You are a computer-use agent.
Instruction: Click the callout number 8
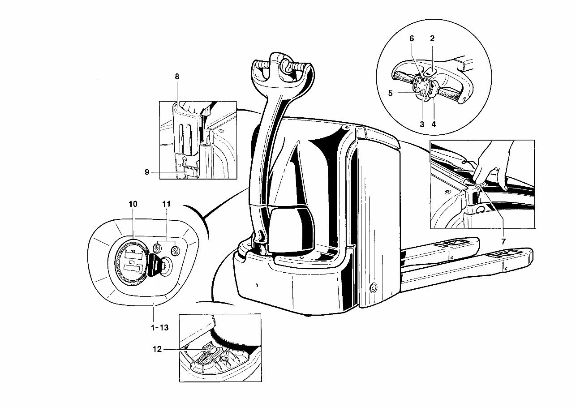tap(177, 77)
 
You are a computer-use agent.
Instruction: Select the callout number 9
tap(147, 171)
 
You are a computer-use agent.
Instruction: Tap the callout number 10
tap(133, 204)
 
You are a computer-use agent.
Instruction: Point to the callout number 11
tap(167, 204)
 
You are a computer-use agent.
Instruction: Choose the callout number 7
tap(503, 241)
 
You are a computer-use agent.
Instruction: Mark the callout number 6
tap(412, 39)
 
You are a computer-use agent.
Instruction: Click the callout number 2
tap(432, 39)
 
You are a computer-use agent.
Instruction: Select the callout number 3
tap(422, 125)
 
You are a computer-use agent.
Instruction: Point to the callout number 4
tap(434, 125)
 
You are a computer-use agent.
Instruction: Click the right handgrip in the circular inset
tap(450, 94)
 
